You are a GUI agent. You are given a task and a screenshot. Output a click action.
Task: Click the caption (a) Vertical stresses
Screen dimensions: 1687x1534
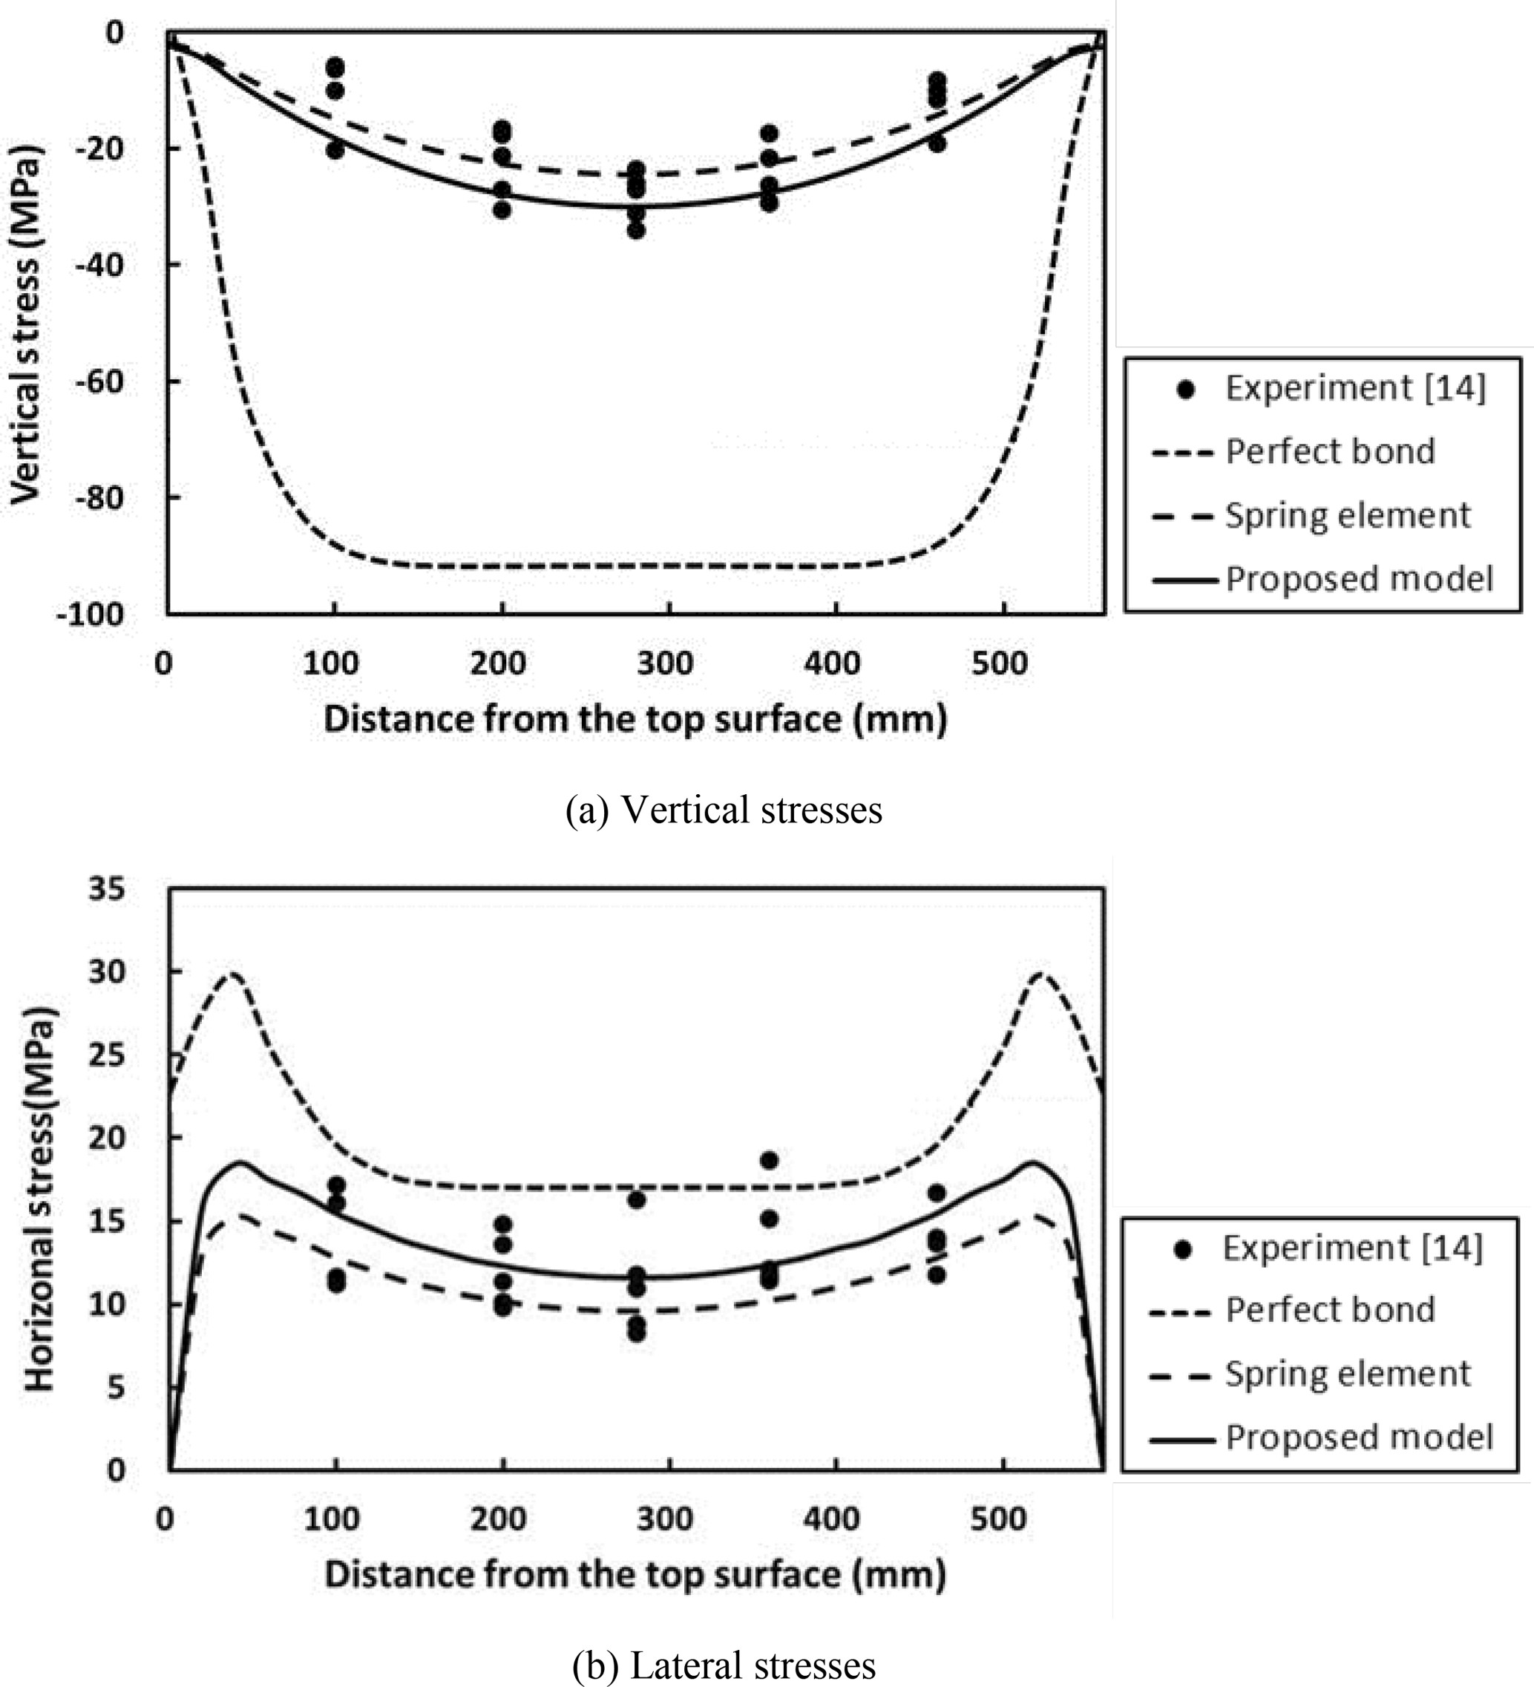click(x=724, y=810)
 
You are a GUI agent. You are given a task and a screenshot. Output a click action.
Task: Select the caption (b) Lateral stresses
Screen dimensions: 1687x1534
click(x=724, y=1665)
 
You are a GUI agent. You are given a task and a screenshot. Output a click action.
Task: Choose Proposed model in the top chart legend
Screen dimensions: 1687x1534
click(x=1359, y=579)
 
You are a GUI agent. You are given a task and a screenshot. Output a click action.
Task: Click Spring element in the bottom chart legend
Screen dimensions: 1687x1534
click(x=1348, y=1373)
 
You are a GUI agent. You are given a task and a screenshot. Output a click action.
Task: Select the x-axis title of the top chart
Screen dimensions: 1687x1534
click(x=635, y=720)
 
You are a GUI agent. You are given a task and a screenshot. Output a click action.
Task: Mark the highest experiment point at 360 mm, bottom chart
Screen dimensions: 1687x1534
click(x=769, y=1160)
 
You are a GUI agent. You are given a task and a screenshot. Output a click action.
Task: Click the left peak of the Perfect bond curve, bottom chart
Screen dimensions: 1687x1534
click(x=232, y=973)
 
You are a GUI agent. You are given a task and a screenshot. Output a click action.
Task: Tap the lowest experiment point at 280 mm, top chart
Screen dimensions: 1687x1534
click(x=636, y=229)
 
